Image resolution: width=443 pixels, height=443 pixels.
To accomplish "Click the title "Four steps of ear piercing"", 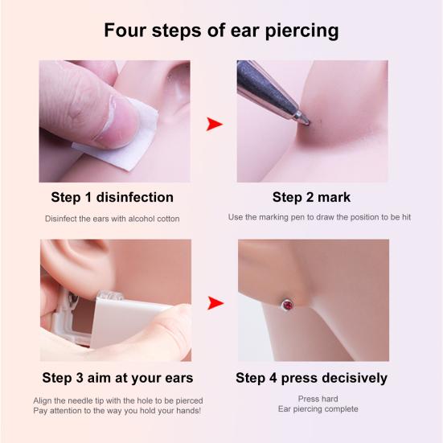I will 221,31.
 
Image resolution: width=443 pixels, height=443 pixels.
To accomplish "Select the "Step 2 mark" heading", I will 311,197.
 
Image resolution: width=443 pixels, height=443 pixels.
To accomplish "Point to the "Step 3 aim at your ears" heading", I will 117,377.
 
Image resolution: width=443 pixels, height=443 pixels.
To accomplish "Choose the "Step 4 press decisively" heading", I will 311,377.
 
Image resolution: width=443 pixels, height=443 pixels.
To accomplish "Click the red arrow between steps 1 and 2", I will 214,124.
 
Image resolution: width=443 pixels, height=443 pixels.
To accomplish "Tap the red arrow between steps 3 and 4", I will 214,303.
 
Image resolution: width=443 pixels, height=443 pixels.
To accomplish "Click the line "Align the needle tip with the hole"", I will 117,400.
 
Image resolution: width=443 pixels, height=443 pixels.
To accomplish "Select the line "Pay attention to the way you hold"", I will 117,411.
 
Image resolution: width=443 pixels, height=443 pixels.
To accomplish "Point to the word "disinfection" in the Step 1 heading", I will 137,197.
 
